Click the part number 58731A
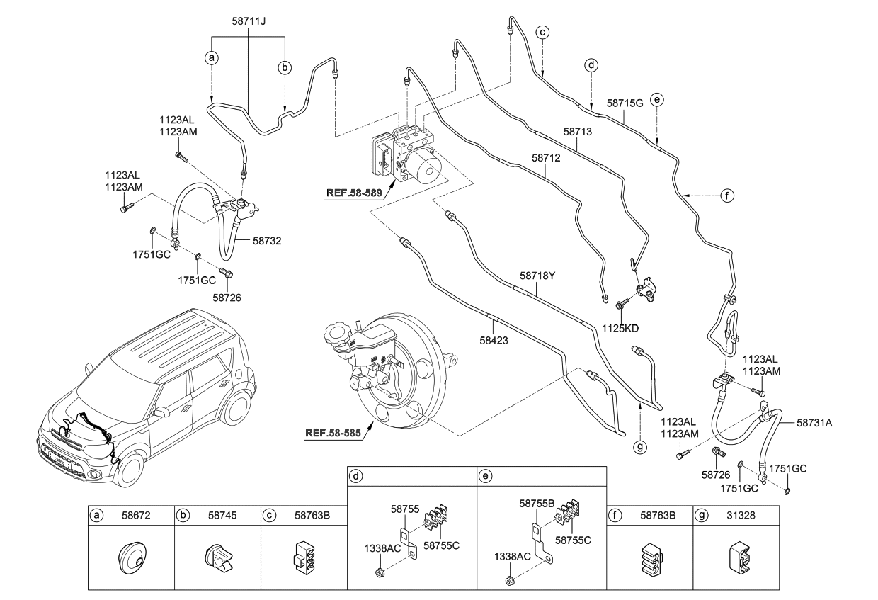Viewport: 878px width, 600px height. tap(814, 423)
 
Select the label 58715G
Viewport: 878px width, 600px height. tap(625, 103)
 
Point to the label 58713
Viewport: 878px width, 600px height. tap(577, 132)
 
